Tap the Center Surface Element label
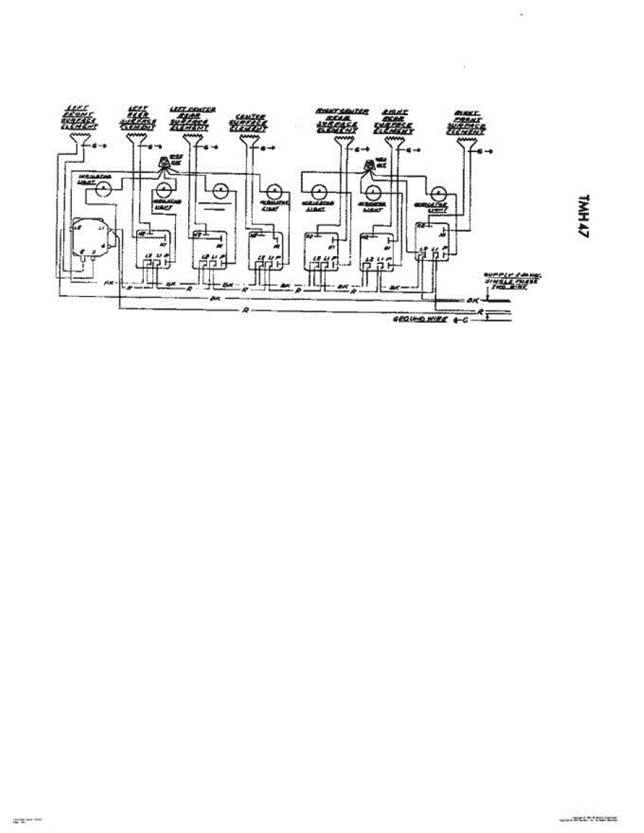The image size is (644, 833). [251, 122]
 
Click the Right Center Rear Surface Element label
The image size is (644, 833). [336, 120]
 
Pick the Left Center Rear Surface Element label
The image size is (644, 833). [192, 119]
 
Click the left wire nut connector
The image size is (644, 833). [165, 165]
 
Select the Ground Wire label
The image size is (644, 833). [420, 320]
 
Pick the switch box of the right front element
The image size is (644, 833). [432, 242]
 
